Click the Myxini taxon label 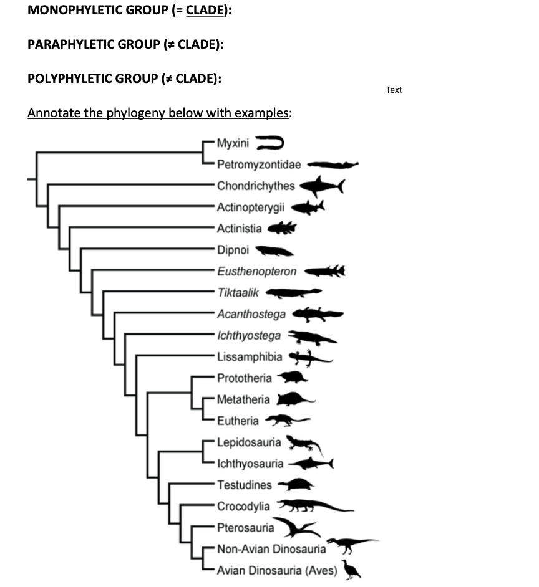point(233,144)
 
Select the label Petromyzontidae point(259,165)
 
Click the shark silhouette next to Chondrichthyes point(321,185)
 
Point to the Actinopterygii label point(251,208)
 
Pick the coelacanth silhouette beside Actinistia point(283,229)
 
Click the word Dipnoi point(233,250)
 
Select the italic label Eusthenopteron point(257,272)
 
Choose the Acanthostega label point(251,314)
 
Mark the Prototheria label point(245,378)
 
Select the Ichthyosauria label point(250,464)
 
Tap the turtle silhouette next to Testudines point(296,484)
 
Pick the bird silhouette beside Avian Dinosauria point(351,569)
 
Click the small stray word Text point(394,90)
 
